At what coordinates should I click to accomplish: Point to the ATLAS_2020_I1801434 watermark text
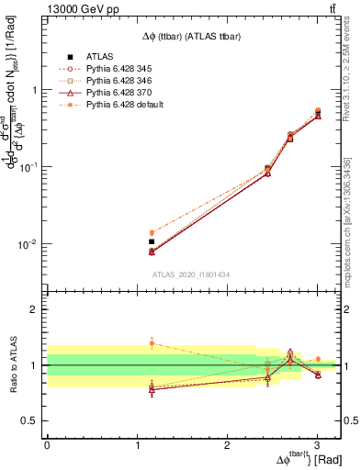(x=190, y=274)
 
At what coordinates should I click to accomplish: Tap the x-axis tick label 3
(x=317, y=444)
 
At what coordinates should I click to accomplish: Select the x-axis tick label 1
(x=137, y=444)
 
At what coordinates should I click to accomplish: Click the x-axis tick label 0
(x=47, y=444)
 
